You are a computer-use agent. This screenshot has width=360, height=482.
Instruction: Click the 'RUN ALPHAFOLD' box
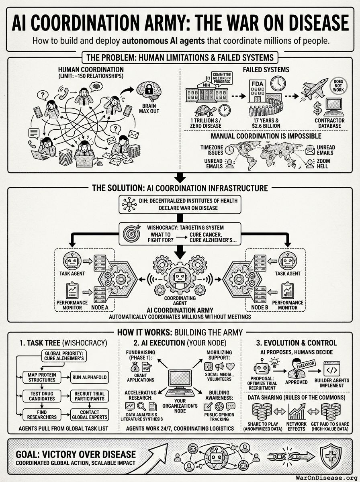89,377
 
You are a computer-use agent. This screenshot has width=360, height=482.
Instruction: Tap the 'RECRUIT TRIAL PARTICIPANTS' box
89,396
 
